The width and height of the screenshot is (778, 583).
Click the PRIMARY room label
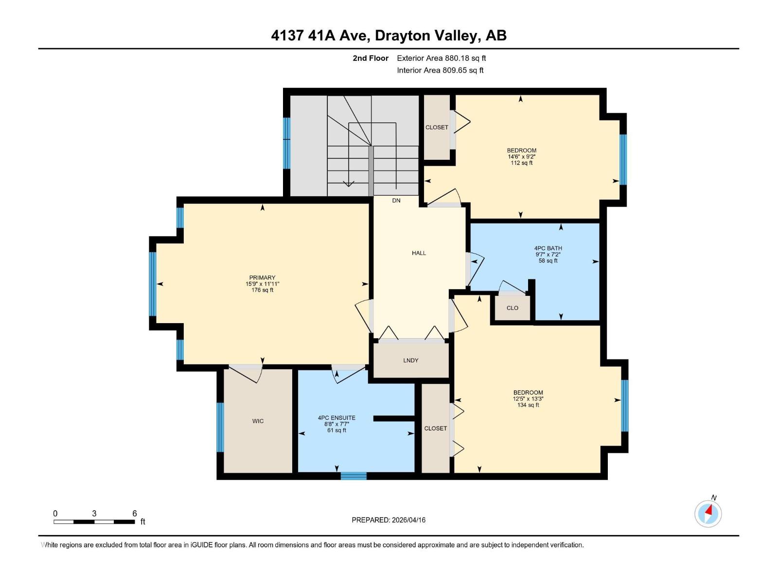pos(262,278)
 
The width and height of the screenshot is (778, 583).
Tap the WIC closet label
pos(258,421)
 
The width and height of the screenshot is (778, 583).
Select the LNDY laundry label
pos(411,360)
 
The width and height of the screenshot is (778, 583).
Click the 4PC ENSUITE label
pos(336,418)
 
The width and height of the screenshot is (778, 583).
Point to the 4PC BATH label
pos(548,248)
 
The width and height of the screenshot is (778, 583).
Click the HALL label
pos(419,253)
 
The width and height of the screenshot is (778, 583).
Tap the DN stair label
pos(396,201)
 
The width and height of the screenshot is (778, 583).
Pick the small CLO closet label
pos(513,308)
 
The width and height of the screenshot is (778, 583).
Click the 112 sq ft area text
pos(522,163)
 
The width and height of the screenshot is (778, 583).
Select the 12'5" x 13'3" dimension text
pos(528,399)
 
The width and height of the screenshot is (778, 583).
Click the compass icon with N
pos(708,514)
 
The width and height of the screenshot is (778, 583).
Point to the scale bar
pos(94,522)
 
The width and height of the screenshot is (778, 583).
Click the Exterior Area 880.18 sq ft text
pos(441,58)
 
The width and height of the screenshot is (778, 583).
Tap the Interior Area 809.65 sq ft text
pos(440,70)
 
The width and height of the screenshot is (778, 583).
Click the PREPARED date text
pos(389,520)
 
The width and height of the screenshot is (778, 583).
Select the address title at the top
pos(389,35)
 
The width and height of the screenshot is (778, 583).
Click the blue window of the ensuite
pos(354,476)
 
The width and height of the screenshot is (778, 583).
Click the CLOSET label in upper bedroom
pos(437,127)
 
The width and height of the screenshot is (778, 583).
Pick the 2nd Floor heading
pos(371,58)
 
